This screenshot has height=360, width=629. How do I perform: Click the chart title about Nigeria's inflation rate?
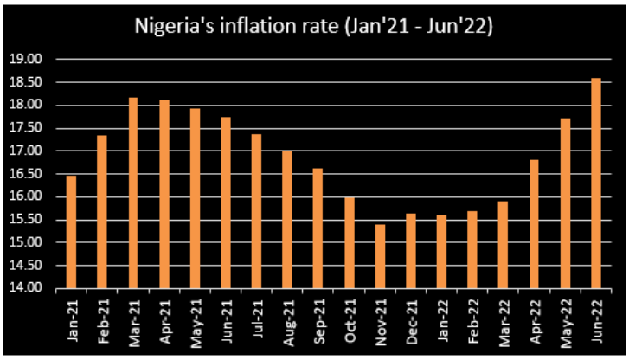pyautogui.click(x=314, y=27)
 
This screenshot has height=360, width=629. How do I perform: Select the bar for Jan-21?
pyautogui.click(x=71, y=232)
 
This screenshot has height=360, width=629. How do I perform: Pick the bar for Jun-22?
pyautogui.click(x=596, y=183)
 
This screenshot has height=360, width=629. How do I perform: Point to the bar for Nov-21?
pyautogui.click(x=380, y=256)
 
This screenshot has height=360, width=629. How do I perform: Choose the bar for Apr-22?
pyautogui.click(x=535, y=224)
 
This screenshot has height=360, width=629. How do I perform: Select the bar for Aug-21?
pyautogui.click(x=287, y=220)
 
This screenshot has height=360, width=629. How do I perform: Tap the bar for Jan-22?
pyautogui.click(x=442, y=252)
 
